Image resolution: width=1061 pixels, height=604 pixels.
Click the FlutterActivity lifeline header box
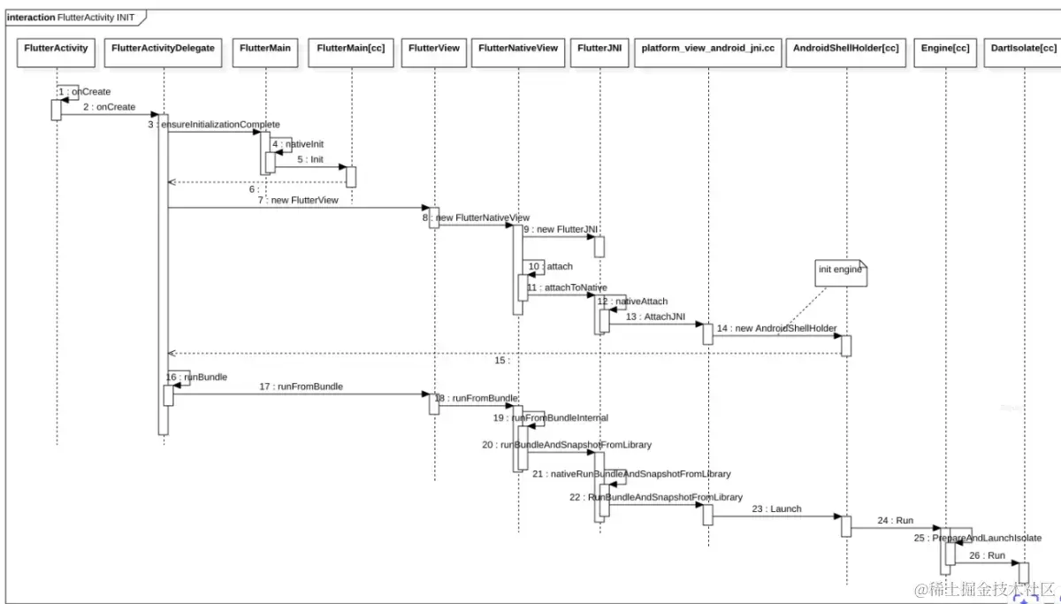pos(57,48)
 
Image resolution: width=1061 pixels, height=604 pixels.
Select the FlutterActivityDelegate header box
pos(164,48)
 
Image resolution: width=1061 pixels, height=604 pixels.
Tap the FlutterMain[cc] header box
pos(351,48)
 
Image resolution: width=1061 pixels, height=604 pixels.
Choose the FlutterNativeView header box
pos(518,48)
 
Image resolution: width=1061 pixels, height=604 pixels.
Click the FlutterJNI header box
pos(599,48)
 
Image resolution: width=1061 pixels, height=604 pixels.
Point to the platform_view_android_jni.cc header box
pos(708,48)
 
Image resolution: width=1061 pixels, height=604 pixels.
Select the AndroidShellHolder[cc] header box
pos(846,48)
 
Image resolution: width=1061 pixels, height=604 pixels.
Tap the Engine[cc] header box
pos(945,48)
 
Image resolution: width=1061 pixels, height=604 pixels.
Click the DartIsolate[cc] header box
pos(1024,48)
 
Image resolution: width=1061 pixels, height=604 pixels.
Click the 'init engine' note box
pos(839,271)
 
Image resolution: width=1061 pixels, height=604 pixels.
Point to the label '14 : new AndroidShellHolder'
pos(776,328)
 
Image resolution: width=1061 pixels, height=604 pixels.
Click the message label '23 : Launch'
pos(776,508)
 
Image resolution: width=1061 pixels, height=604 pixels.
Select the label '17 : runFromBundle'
pos(301,386)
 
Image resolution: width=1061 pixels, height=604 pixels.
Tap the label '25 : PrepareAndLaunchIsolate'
pos(978,538)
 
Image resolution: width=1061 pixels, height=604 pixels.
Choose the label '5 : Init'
pos(310,159)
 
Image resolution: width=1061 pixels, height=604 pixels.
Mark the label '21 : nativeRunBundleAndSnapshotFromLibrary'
pos(631,474)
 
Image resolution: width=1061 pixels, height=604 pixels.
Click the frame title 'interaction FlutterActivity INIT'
pos(71,17)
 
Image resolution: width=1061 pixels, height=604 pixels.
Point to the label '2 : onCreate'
pos(110,107)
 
